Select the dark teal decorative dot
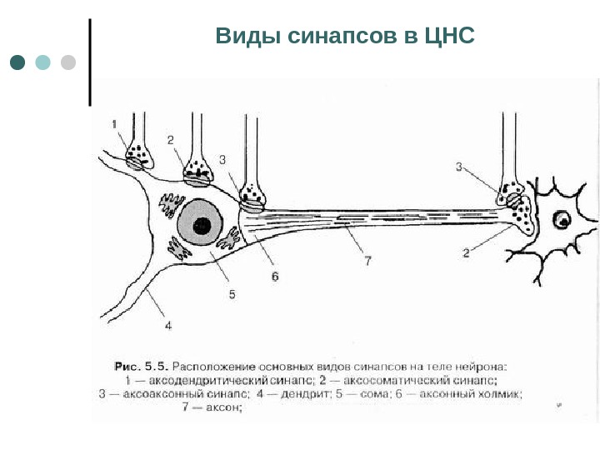pyautogui.click(x=17, y=62)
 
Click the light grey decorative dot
pyautogui.click(x=68, y=62)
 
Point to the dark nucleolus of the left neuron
pyautogui.click(x=201, y=225)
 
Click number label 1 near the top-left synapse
pyautogui.click(x=115, y=124)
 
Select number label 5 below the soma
pyautogui.click(x=232, y=293)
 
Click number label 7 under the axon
pyautogui.click(x=367, y=262)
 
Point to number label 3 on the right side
pyautogui.click(x=458, y=167)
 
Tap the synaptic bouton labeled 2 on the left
pyautogui.click(x=197, y=170)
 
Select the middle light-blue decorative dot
pyautogui.click(x=43, y=62)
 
